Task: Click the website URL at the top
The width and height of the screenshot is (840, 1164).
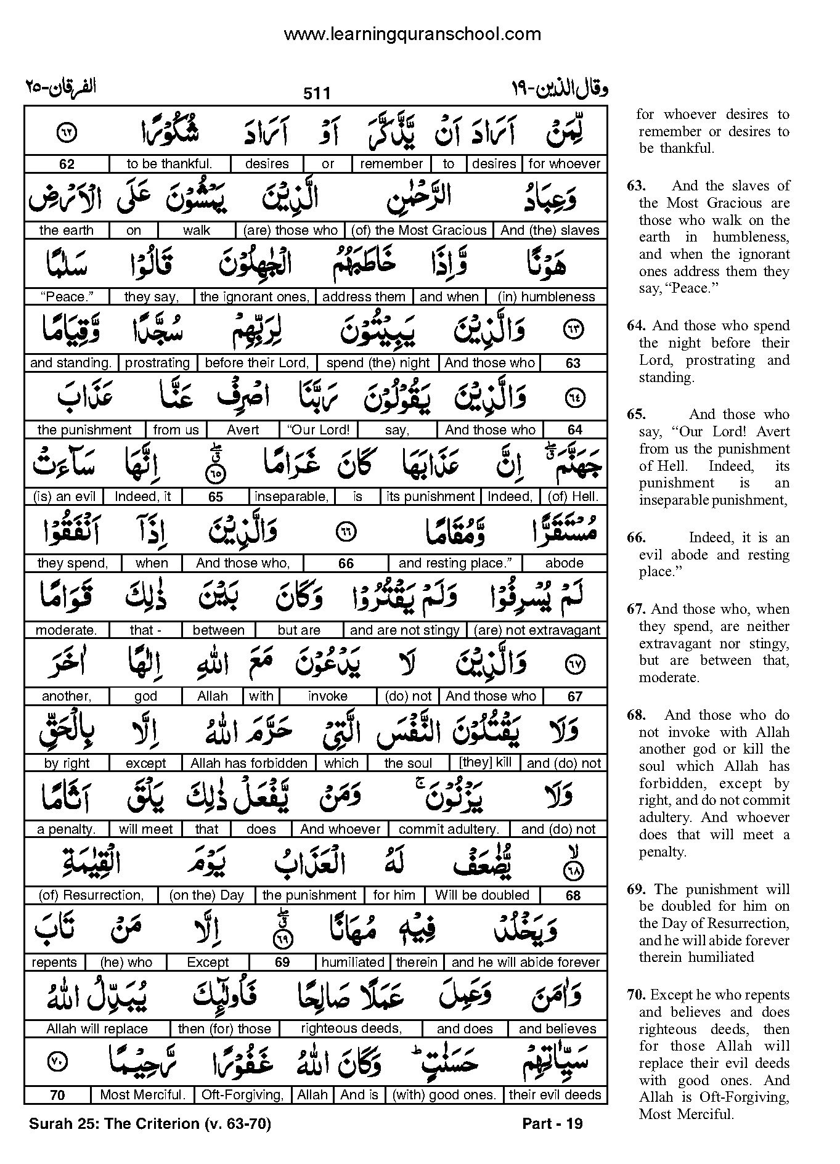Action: pyautogui.click(x=412, y=34)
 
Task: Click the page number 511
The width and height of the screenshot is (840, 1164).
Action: pyautogui.click(x=317, y=93)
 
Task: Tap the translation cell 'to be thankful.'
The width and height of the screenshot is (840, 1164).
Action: pyautogui.click(x=169, y=164)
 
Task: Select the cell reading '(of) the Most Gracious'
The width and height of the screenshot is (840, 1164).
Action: pyautogui.click(x=419, y=230)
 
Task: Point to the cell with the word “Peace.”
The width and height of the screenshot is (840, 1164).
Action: pyautogui.click(x=67, y=297)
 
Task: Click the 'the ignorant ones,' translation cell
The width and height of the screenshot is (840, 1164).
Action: pyautogui.click(x=255, y=297)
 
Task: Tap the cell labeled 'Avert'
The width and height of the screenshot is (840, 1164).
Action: pyautogui.click(x=243, y=430)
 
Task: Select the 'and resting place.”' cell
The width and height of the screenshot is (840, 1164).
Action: pyautogui.click(x=455, y=563)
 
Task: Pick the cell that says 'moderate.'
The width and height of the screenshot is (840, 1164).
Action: pyautogui.click(x=66, y=630)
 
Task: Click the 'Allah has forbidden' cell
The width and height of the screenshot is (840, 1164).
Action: pyautogui.click(x=249, y=763)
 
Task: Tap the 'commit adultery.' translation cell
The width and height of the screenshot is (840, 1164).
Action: pyautogui.click(x=449, y=829)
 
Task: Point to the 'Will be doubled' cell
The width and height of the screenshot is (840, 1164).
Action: pyautogui.click(x=482, y=895)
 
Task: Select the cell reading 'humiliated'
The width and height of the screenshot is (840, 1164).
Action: pyautogui.click(x=353, y=963)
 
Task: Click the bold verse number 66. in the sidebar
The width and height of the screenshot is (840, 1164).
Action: pyautogui.click(x=636, y=537)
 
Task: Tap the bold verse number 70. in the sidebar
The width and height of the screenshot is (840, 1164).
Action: pyautogui.click(x=637, y=995)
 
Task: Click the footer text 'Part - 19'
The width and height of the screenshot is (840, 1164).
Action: pyautogui.click(x=552, y=1123)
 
